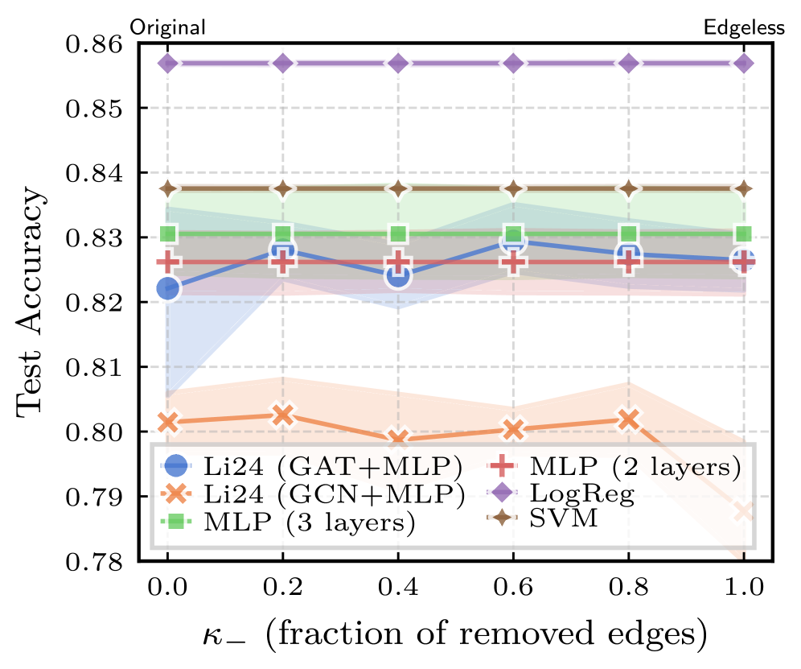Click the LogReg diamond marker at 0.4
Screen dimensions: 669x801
(x=398, y=63)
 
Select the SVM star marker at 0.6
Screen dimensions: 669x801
(x=514, y=188)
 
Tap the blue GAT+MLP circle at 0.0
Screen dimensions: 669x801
(x=167, y=288)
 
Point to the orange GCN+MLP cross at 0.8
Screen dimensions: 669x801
(x=629, y=419)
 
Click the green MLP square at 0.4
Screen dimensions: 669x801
(x=398, y=234)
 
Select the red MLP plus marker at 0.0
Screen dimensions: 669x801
(x=167, y=262)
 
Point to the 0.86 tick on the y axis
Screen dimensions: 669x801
(x=95, y=43)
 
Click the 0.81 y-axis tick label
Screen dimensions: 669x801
(x=95, y=368)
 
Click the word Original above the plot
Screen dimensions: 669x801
(x=168, y=27)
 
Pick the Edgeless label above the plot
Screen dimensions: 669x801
(x=744, y=27)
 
